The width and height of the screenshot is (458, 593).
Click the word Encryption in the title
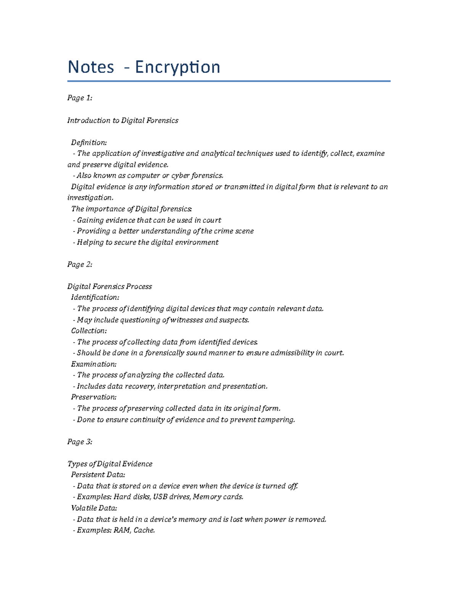(x=177, y=67)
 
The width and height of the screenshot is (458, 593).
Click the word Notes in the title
(x=91, y=67)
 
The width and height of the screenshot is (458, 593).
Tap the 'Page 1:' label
(x=80, y=98)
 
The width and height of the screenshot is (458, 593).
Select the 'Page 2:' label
(x=80, y=264)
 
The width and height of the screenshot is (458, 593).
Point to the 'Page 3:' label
(x=80, y=442)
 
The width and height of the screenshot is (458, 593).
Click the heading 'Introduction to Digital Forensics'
(x=123, y=120)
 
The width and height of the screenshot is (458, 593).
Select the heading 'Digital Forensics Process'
(x=110, y=286)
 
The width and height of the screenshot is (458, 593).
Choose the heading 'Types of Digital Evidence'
(x=110, y=464)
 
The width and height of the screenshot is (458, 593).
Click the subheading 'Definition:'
(x=89, y=142)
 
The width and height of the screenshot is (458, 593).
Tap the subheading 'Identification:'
(x=95, y=297)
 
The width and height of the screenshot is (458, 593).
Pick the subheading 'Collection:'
(x=89, y=331)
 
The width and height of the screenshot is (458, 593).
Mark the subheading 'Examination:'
(x=94, y=364)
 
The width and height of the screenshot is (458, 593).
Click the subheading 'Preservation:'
(x=94, y=397)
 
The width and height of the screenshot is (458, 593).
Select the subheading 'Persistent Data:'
(x=98, y=475)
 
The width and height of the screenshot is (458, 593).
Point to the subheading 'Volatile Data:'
(x=94, y=508)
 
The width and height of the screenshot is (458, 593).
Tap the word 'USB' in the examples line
(x=160, y=497)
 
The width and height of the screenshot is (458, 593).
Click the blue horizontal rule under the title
(x=229, y=81)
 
